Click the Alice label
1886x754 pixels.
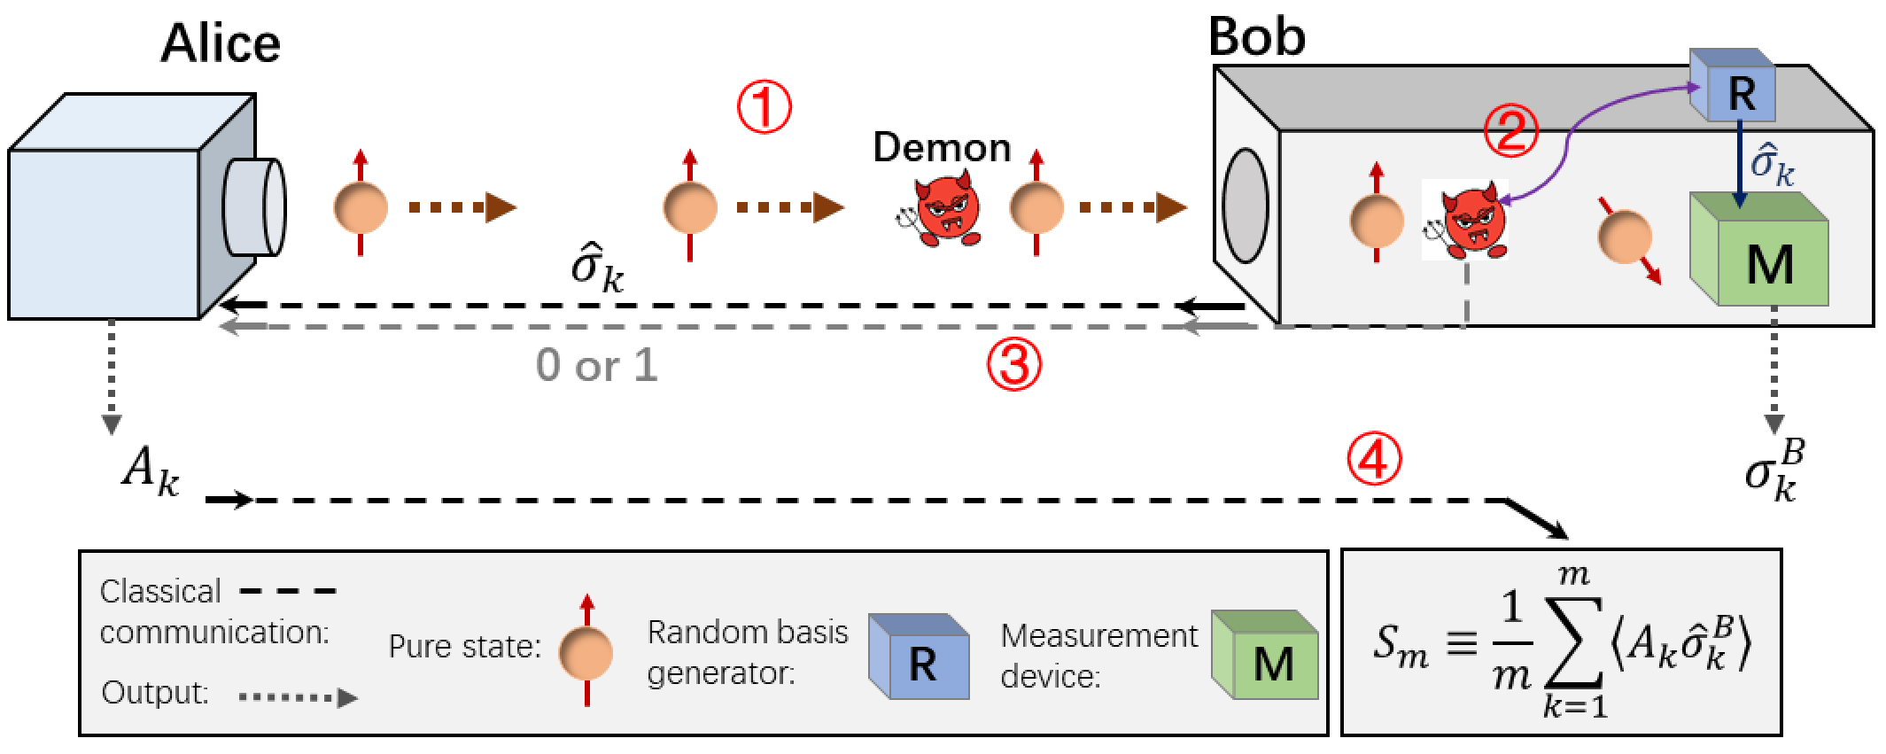click(221, 43)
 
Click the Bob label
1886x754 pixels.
click(1257, 37)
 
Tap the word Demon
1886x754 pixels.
click(942, 147)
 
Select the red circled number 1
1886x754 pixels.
click(764, 107)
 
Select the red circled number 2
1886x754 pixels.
click(1511, 130)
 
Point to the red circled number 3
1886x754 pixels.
click(1014, 365)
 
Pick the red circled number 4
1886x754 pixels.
click(1374, 459)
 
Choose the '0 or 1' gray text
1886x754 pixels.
click(597, 365)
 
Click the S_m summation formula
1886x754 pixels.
click(1562, 642)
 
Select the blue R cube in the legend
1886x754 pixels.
click(919, 657)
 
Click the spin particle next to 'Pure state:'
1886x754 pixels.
click(586, 651)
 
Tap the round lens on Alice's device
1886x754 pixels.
click(255, 207)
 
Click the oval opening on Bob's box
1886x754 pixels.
click(1246, 206)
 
